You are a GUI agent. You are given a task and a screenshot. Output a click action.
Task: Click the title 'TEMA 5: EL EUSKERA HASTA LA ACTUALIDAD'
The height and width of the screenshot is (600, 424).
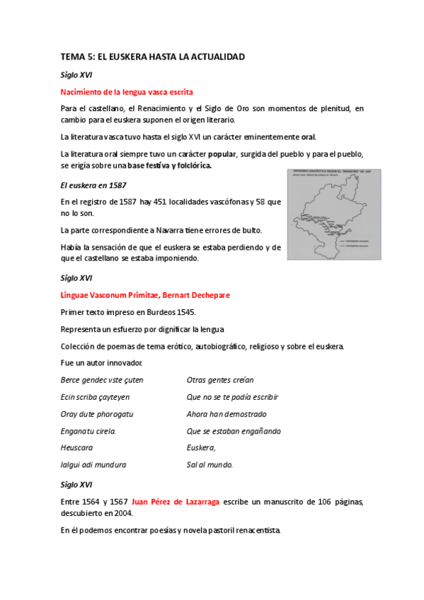[x=153, y=55]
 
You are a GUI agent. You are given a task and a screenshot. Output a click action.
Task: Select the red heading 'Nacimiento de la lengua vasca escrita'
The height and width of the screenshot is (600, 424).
[x=127, y=91]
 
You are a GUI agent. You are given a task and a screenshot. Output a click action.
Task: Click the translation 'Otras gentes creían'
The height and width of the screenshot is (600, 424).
[x=220, y=380]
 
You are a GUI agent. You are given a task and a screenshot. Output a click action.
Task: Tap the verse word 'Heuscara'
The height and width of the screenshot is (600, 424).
[x=77, y=448]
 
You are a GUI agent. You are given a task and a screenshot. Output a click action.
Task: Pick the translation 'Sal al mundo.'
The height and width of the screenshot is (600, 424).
[x=210, y=465]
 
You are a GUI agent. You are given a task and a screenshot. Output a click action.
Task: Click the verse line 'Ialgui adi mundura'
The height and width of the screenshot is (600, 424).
[x=93, y=465]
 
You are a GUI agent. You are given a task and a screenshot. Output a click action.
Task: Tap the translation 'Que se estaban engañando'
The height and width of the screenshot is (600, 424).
[x=234, y=431]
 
